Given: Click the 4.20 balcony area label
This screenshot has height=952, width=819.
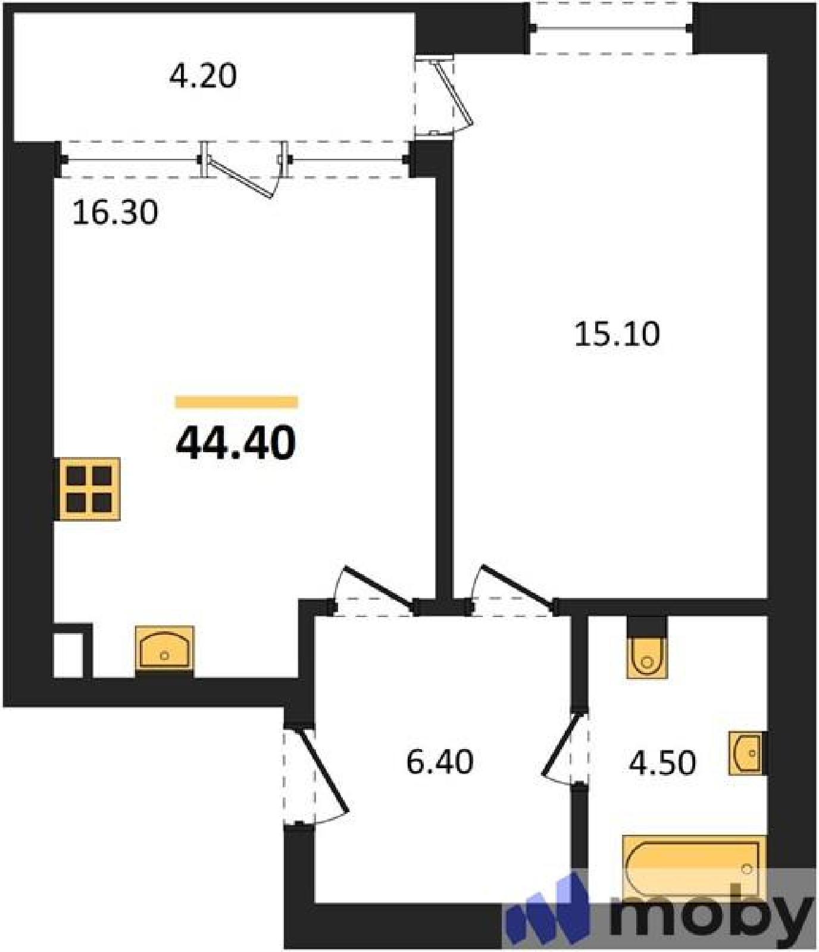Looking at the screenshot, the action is pyautogui.click(x=203, y=76).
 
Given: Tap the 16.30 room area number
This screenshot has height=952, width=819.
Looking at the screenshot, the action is pyautogui.click(x=115, y=212).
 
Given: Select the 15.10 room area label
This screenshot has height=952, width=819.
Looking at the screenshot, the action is pyautogui.click(x=617, y=334).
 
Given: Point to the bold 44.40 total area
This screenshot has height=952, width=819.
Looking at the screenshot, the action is pyautogui.click(x=236, y=443).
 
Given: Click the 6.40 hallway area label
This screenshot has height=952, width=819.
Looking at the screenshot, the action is pyautogui.click(x=440, y=761).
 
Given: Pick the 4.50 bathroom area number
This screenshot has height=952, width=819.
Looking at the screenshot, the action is pyautogui.click(x=662, y=763).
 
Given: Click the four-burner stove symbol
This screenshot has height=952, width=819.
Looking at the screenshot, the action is pyautogui.click(x=89, y=489).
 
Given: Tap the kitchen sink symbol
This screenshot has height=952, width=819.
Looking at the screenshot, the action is pyautogui.click(x=164, y=649).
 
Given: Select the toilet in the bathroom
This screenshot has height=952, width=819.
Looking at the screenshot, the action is pyautogui.click(x=647, y=658).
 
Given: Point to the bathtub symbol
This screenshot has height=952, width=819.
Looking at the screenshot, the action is pyautogui.click(x=693, y=867).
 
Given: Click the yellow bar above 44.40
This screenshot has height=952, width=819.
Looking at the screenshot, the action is pyautogui.click(x=236, y=403).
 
